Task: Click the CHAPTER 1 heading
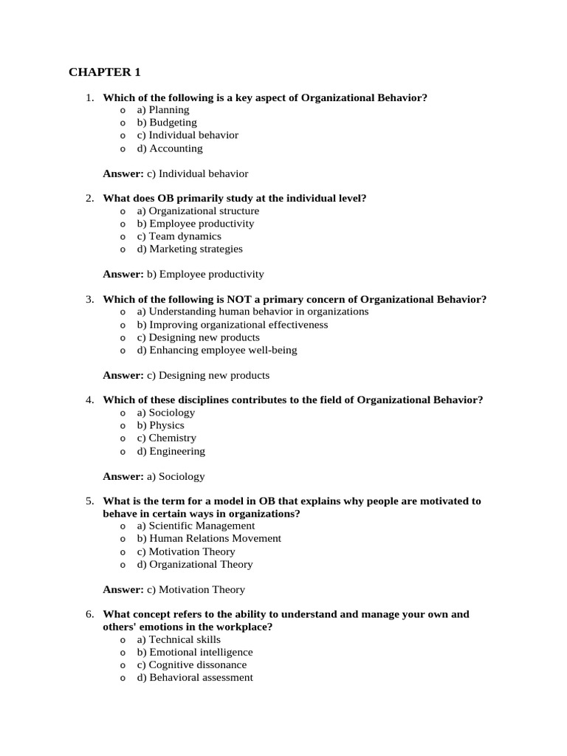tap(104, 72)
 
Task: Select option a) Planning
tap(163, 110)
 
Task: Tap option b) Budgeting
tap(167, 123)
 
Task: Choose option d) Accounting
tap(169, 148)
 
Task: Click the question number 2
tap(89, 198)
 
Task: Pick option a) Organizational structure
tap(198, 211)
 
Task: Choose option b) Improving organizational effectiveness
tap(233, 325)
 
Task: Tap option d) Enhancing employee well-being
tap(217, 350)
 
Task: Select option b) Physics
tap(160, 425)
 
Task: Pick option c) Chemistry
tap(166, 438)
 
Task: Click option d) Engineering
tap(171, 451)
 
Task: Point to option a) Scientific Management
tap(196, 526)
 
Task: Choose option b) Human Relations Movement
tap(209, 538)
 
